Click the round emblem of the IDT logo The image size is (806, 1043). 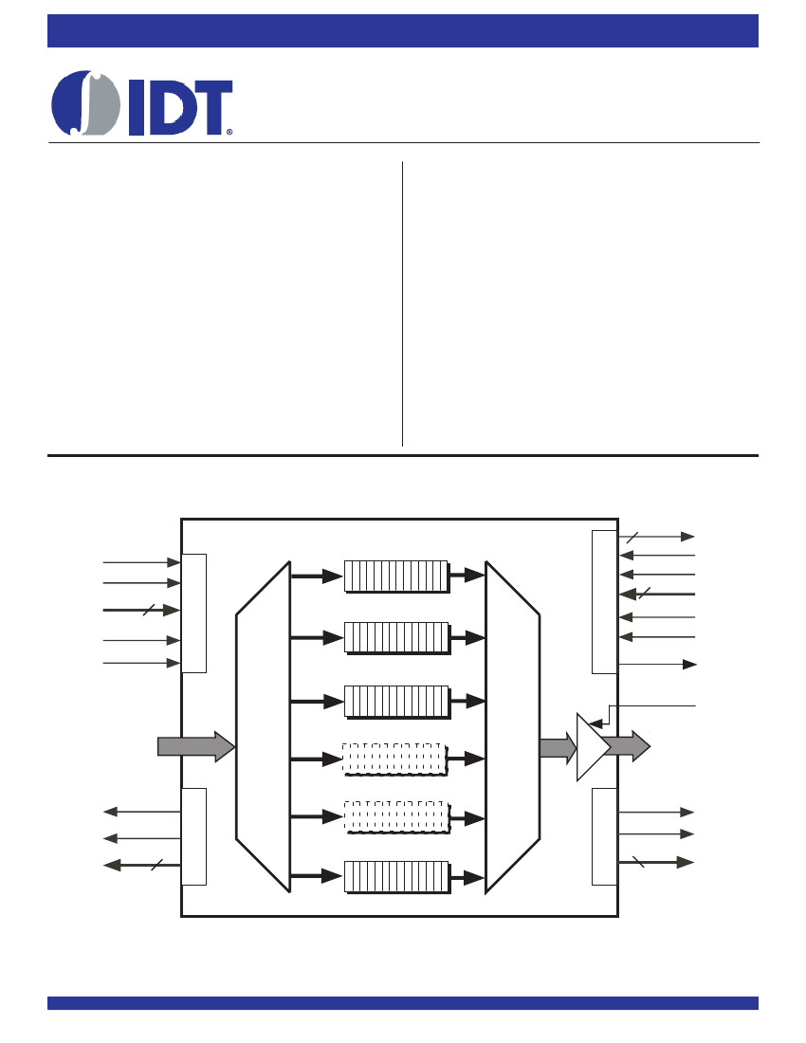click(x=85, y=103)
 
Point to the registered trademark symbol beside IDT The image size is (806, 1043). click(x=229, y=132)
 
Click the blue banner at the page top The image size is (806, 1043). click(x=403, y=30)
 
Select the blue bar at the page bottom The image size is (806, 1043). click(x=403, y=1003)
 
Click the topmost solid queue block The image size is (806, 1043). click(x=397, y=576)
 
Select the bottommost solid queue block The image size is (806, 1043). click(x=397, y=877)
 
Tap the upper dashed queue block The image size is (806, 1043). click(x=395, y=759)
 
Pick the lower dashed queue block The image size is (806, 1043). click(x=397, y=817)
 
